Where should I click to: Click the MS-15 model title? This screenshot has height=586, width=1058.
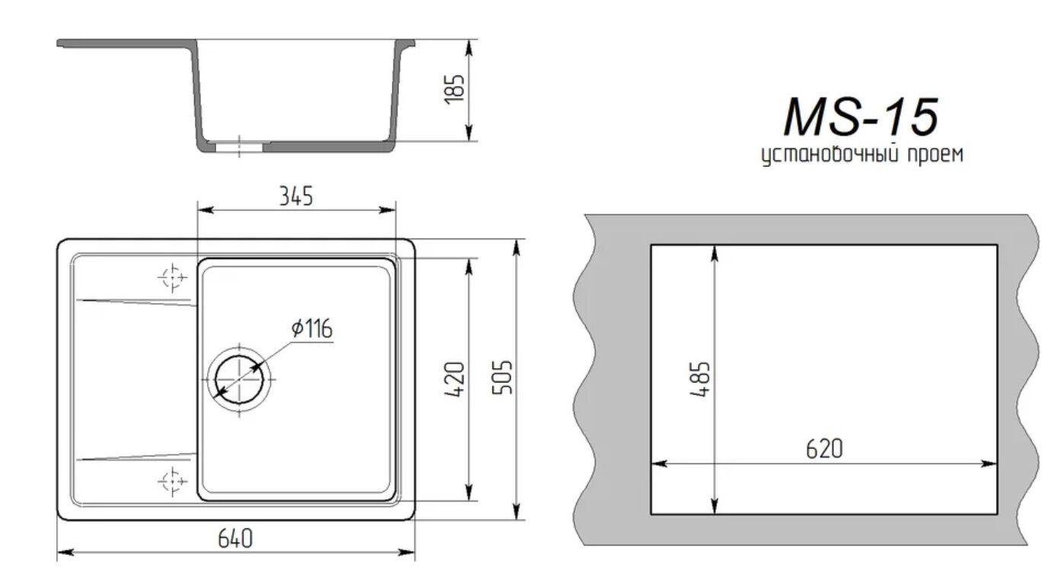coord(861,117)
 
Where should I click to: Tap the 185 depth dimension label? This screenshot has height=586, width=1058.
coord(455,89)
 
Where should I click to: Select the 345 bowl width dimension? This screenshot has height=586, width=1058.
coord(296,196)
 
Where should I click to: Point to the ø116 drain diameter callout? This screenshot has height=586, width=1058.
coord(312,328)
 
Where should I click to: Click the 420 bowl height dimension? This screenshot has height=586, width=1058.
coord(454,379)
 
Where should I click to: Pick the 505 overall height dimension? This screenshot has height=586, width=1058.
coord(502,377)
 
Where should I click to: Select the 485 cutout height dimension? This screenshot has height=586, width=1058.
coord(699,379)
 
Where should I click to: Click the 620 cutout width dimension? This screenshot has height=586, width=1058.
coord(824,449)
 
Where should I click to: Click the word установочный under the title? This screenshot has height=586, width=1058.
coord(830,155)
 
